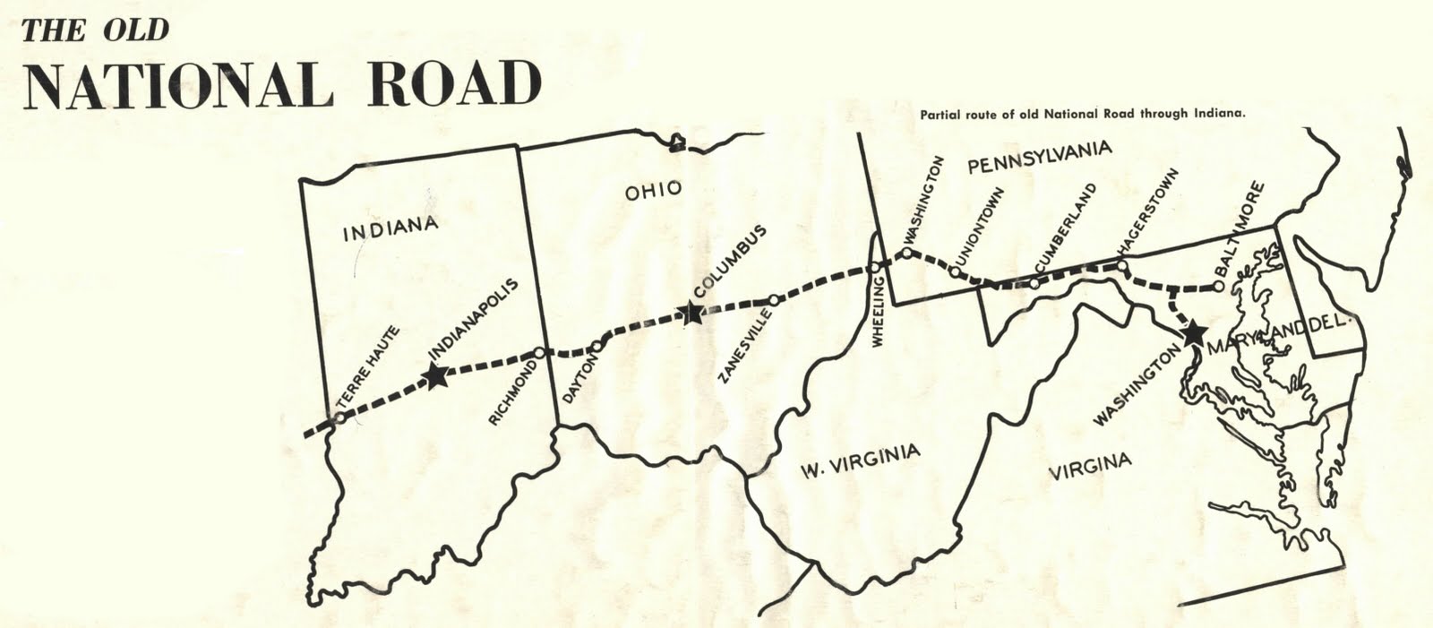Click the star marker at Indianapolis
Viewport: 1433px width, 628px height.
coord(436,376)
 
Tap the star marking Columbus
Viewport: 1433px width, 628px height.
coord(691,313)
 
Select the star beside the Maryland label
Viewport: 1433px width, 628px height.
coord(1193,334)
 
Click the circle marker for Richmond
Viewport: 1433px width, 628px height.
coord(538,353)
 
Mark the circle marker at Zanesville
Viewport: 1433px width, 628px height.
coord(774,300)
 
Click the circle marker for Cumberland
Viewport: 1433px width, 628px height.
coord(1034,284)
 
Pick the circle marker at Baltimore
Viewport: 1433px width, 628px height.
coord(1218,287)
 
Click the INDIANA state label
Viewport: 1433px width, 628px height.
coord(390,228)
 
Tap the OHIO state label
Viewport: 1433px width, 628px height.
coord(654,190)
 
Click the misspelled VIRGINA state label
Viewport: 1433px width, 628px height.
coord(1090,466)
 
